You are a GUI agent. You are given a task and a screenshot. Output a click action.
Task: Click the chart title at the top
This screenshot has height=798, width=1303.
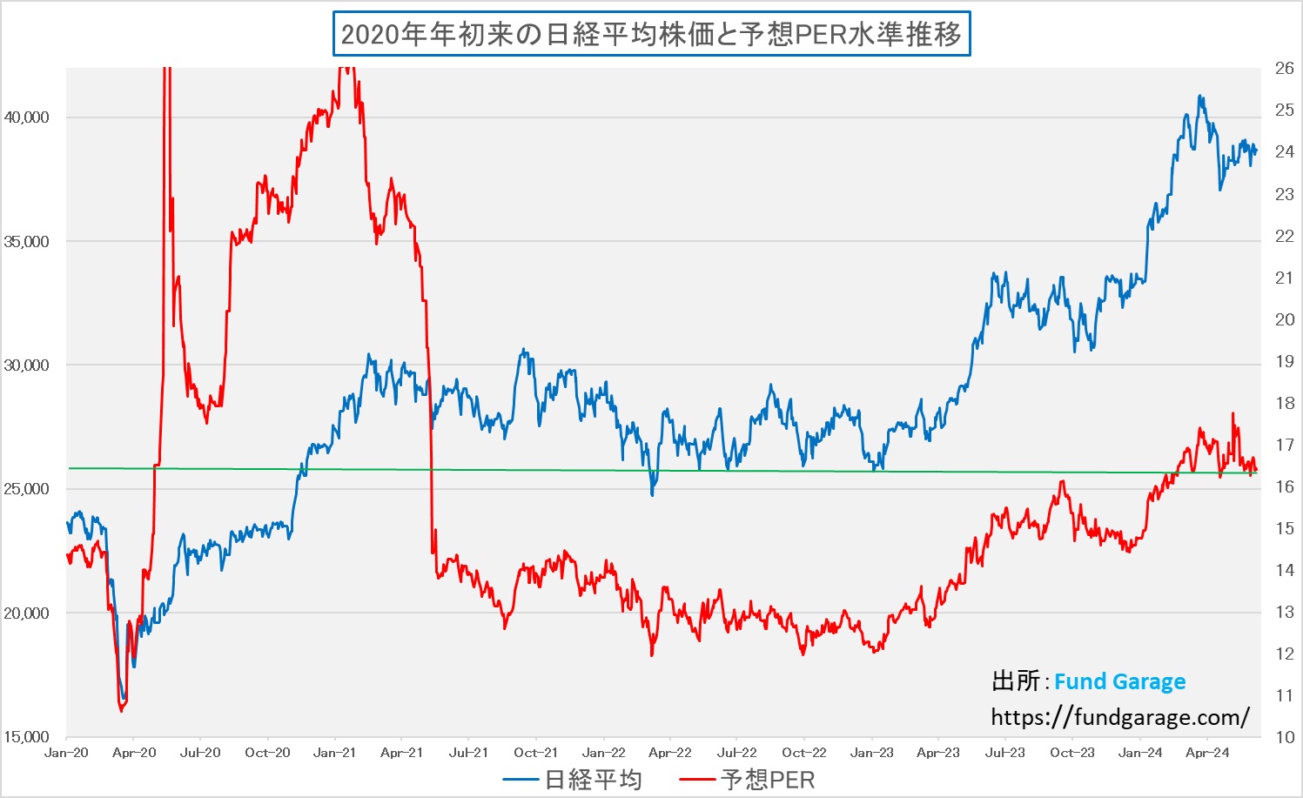tap(651, 35)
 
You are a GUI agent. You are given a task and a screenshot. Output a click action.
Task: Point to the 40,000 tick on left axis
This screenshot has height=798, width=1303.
tap(27, 117)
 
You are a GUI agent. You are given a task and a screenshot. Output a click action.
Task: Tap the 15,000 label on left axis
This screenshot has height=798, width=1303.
tap(27, 736)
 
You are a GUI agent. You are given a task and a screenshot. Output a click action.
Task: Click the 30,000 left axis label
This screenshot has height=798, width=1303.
tap(27, 365)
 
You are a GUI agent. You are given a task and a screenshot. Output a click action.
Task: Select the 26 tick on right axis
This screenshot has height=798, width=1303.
tap(1284, 68)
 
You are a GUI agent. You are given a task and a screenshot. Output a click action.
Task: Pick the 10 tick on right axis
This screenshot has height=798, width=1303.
tap(1284, 737)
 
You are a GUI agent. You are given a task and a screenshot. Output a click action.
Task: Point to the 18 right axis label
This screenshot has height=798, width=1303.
tap(1284, 403)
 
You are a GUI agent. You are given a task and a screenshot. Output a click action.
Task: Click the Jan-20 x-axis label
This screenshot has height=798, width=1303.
tap(67, 753)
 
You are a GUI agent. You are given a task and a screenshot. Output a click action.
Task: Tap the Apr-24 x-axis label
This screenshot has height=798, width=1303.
tap(1207, 753)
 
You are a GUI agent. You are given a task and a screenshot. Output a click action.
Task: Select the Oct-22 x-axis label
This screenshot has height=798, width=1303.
tap(804, 753)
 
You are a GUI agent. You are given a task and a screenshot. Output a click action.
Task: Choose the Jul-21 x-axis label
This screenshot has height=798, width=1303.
tap(469, 753)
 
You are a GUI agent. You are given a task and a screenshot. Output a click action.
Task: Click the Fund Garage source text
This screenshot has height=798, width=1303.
tap(1119, 681)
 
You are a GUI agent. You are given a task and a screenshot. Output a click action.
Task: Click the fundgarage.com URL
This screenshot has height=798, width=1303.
tap(1120, 717)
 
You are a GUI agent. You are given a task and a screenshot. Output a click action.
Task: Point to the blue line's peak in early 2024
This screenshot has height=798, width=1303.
tap(1200, 96)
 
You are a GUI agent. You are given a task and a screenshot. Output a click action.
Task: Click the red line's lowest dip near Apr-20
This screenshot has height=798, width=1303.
tap(122, 711)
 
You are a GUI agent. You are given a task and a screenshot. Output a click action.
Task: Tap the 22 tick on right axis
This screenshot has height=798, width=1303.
tap(1284, 236)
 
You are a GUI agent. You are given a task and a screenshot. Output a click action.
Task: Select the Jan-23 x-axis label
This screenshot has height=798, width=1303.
tap(871, 753)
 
